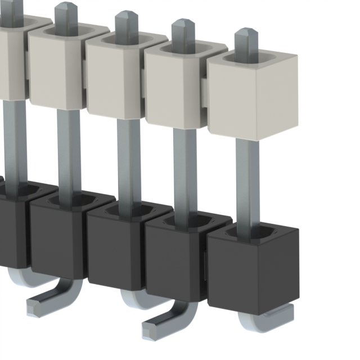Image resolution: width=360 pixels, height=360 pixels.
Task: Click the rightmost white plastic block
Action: click(x=253, y=98)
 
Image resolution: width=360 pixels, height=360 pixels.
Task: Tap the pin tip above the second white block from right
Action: click(x=183, y=31)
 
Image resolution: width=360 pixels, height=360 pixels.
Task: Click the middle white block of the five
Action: click(x=115, y=82)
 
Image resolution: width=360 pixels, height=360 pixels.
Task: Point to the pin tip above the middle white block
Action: click(x=127, y=22)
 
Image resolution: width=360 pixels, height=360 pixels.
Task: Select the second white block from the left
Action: click(x=56, y=70)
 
